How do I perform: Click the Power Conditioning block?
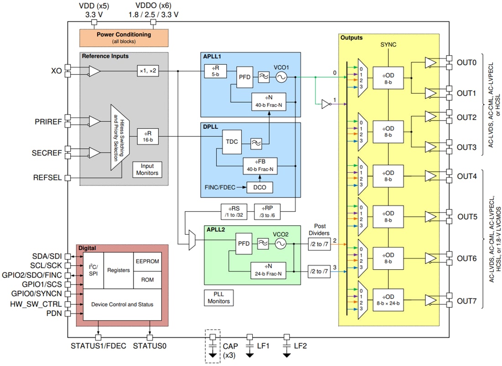124,37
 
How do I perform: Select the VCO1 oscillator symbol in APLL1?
280,78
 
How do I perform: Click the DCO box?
258,187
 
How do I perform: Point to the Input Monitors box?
147,170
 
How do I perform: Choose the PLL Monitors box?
219,298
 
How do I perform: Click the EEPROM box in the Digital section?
147,261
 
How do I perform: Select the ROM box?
147,279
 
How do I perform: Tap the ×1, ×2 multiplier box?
148,71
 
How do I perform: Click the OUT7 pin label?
467,302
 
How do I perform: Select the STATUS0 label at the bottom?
150,346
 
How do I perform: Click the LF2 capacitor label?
300,346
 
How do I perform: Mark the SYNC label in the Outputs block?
388,45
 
